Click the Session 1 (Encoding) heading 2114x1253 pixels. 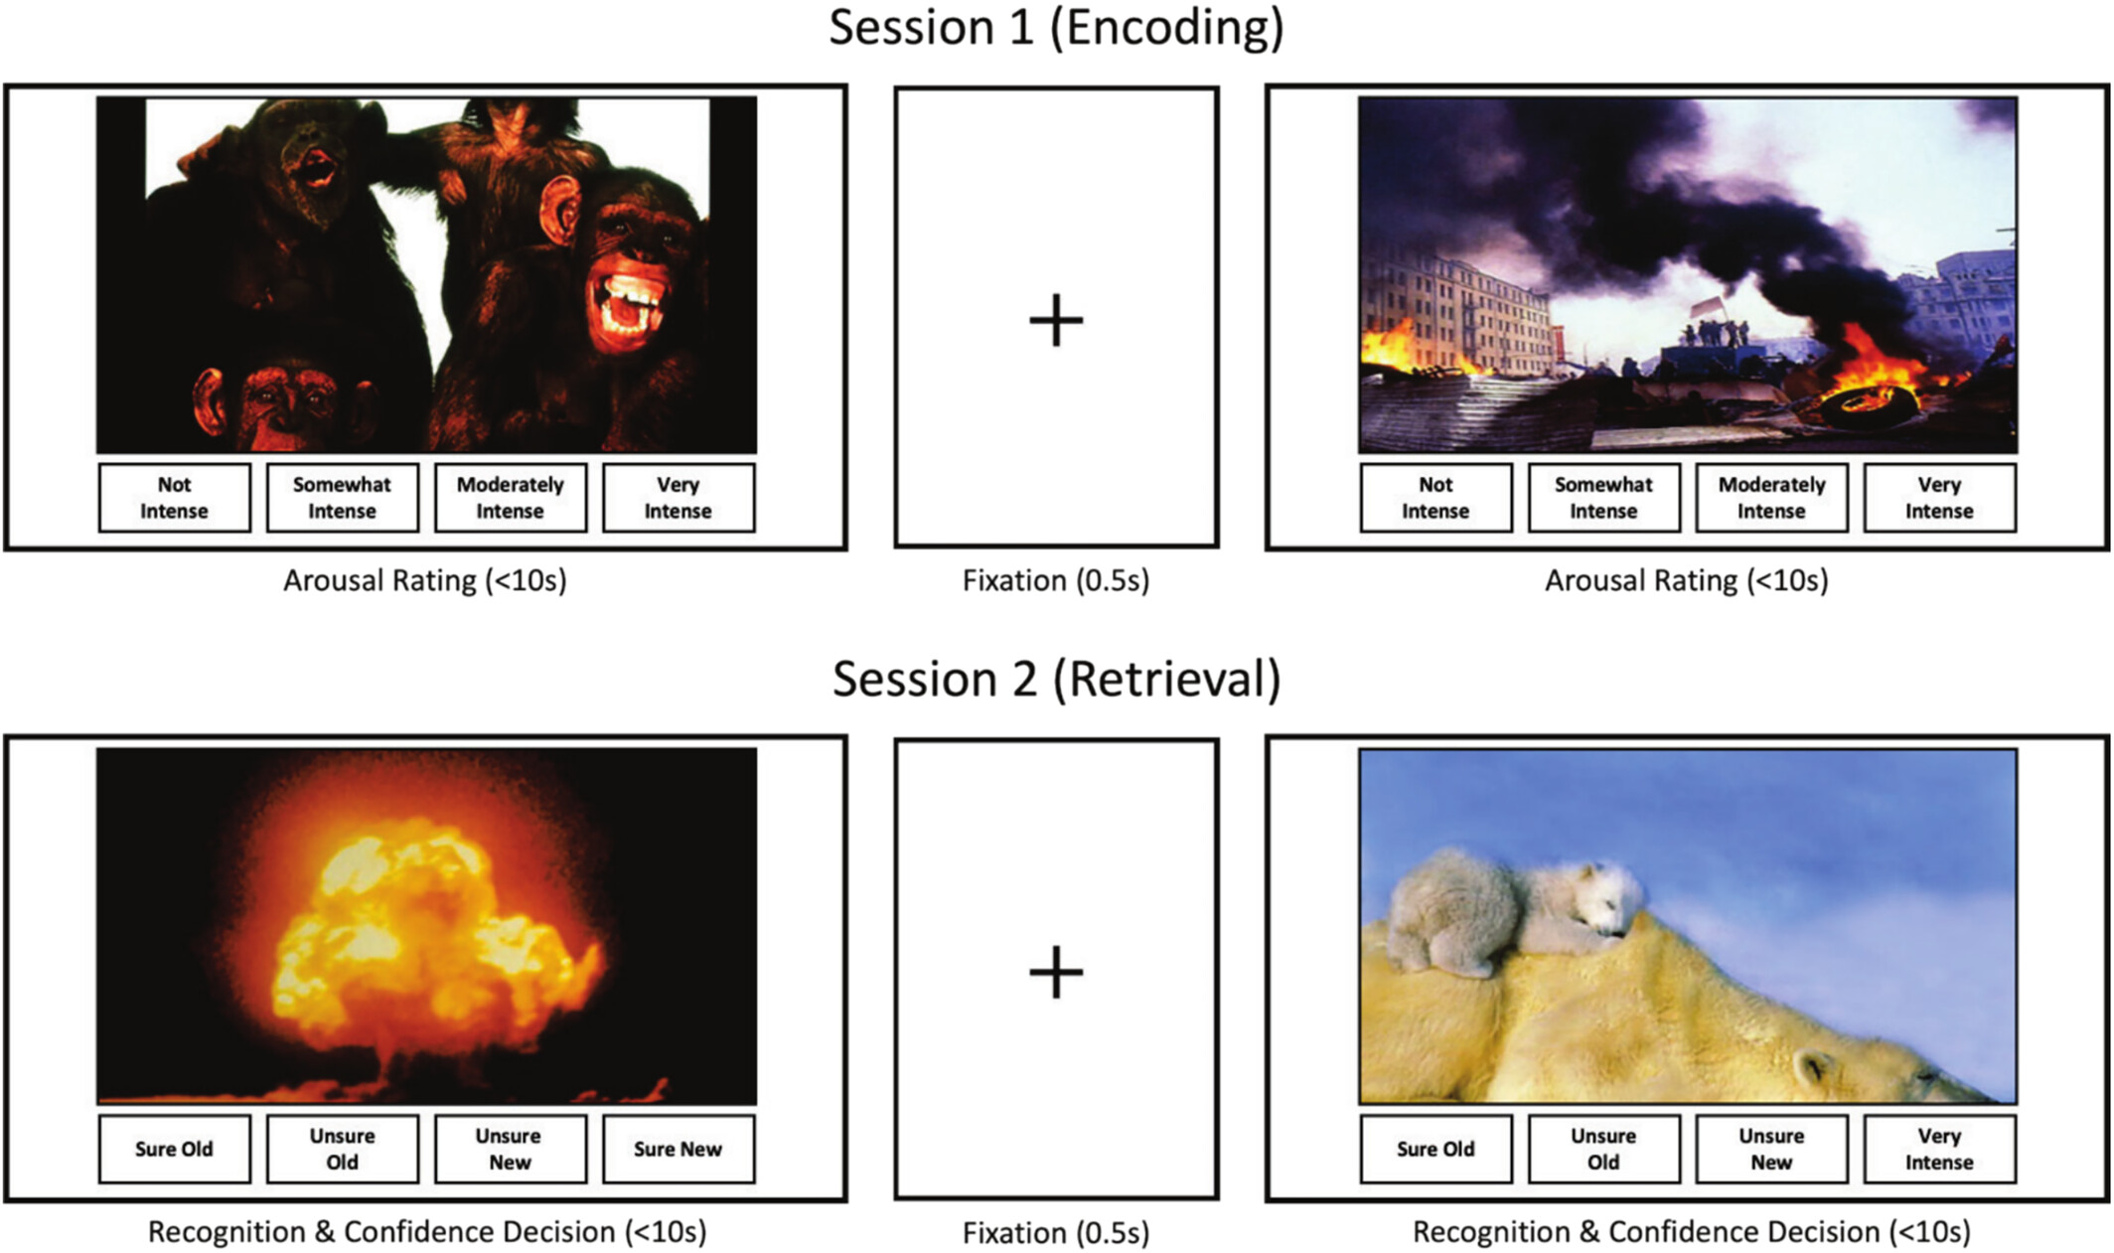(x=1056, y=28)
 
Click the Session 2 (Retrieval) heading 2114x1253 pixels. (x=1056, y=680)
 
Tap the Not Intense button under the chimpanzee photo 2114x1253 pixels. (x=174, y=498)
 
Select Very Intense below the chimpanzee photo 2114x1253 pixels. (x=678, y=498)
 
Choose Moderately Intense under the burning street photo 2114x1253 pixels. (x=1771, y=498)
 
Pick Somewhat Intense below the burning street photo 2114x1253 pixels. (x=1603, y=498)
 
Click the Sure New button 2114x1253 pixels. (x=678, y=1150)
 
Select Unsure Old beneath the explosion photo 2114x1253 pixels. (x=342, y=1150)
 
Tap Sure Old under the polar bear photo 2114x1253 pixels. (x=1435, y=1150)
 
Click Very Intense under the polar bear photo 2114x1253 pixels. (x=1939, y=1150)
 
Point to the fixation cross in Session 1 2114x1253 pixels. (x=1056, y=321)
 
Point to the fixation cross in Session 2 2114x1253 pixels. (x=1056, y=972)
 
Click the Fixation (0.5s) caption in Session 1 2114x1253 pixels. (x=1056, y=581)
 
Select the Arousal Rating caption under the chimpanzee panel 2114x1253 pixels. (x=425, y=581)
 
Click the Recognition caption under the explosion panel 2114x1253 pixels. (x=427, y=1233)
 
